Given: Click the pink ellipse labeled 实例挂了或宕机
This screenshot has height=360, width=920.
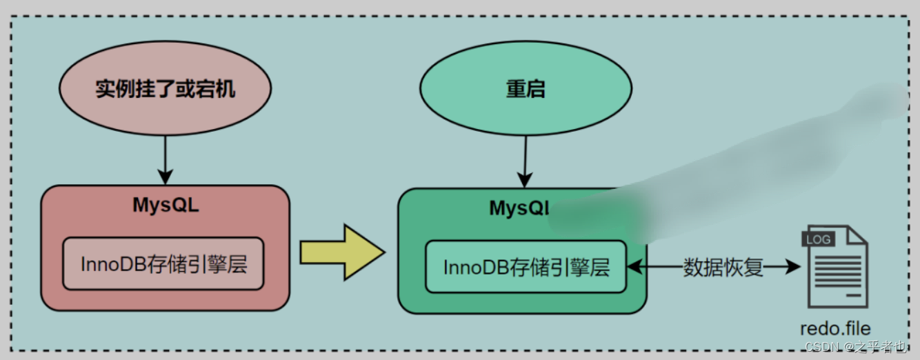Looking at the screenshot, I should [x=165, y=89].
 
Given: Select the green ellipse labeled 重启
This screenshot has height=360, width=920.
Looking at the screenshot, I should [x=526, y=89].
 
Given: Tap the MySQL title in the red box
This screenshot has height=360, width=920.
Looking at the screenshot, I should [x=166, y=206].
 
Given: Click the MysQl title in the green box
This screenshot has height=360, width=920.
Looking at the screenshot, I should [x=519, y=208].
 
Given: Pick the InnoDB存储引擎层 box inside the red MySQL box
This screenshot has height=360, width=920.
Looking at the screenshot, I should [x=163, y=264].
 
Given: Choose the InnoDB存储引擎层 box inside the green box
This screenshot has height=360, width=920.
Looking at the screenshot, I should [x=526, y=267].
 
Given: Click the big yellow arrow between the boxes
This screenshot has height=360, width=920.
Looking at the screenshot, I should [x=341, y=253].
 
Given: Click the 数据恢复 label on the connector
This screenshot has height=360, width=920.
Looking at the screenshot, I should [x=723, y=268].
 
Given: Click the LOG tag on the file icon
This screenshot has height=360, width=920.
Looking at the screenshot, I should [x=817, y=239].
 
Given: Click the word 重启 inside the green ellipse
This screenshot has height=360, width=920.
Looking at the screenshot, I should [x=526, y=89].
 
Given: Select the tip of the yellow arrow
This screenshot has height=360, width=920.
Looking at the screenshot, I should [x=381, y=253].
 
